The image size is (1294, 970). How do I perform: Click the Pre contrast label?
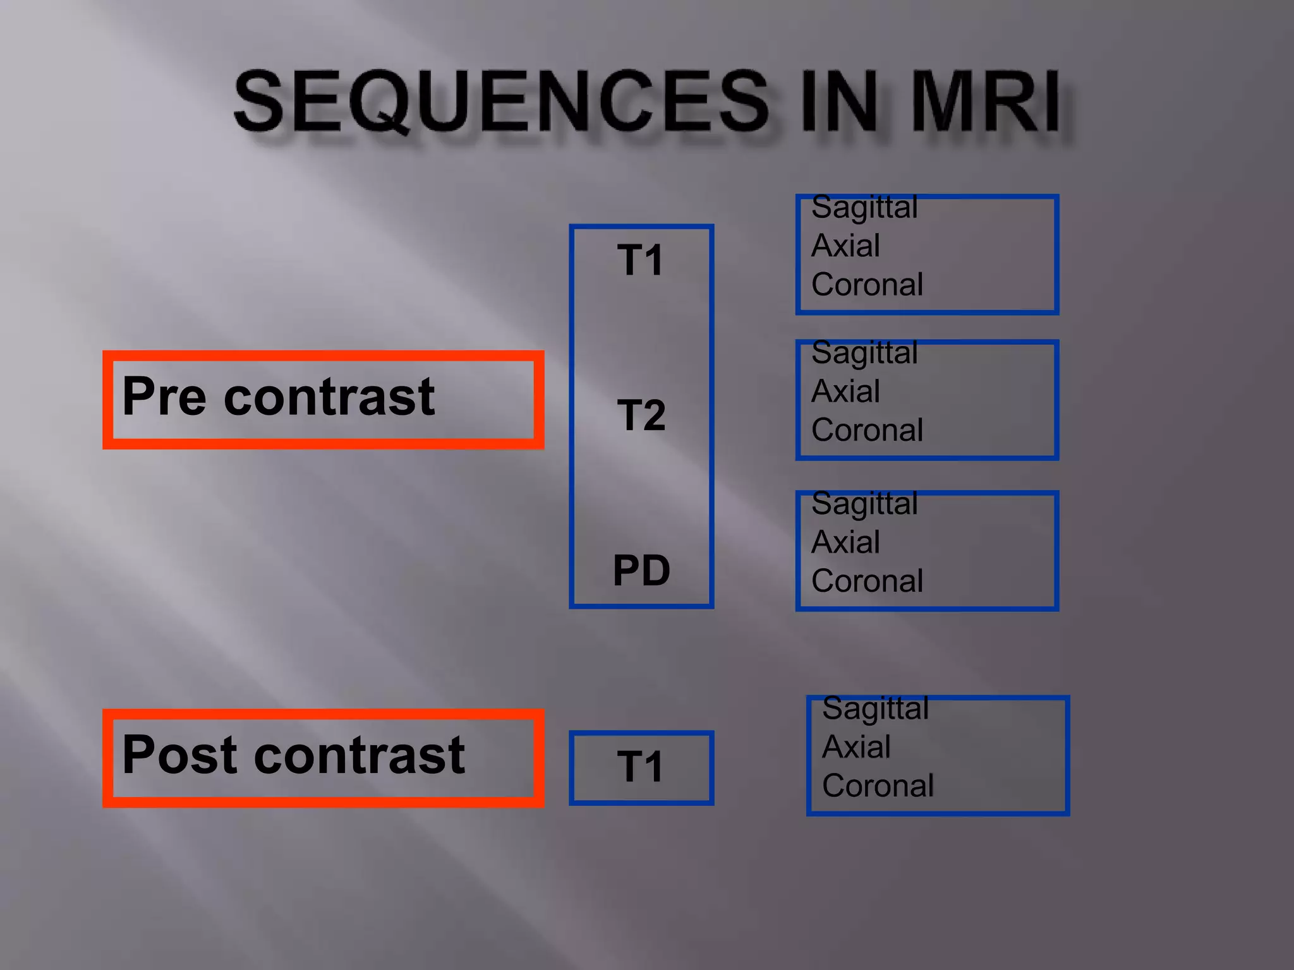278,397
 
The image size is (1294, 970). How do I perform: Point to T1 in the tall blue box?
641,260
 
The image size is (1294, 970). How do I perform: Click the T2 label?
641,416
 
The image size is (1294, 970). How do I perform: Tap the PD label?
641,570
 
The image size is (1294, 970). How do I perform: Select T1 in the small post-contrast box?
641,767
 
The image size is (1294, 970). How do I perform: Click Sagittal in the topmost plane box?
864,207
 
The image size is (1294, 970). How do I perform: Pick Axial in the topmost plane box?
845,246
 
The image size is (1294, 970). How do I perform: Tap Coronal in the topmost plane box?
867,285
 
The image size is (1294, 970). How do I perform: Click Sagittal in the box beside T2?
864,352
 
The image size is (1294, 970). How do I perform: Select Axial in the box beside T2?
845,392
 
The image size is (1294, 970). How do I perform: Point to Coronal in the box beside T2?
867,431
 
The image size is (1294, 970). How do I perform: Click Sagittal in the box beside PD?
864,503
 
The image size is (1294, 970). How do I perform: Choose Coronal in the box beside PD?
867,581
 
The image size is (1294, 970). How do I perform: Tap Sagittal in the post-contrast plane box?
875,708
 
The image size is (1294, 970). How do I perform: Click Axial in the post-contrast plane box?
856,747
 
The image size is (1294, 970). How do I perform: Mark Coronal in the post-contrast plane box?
878,786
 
